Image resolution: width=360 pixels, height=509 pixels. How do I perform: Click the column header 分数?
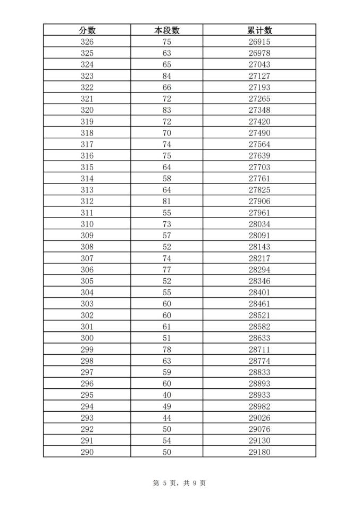(87, 30)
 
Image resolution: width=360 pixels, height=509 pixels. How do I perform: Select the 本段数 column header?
(166, 30)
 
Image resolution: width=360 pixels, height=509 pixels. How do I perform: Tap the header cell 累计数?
(259, 30)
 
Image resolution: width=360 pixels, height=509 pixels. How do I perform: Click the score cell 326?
(87, 41)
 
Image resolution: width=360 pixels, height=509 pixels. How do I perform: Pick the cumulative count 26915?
(259, 41)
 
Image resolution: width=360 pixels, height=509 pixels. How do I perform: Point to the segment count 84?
(166, 76)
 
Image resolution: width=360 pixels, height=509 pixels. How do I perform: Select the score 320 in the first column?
(87, 110)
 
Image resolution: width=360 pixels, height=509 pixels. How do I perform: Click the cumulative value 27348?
(259, 110)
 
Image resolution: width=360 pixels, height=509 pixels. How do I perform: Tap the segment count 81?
(166, 202)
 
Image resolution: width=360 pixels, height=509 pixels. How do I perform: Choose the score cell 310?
(87, 224)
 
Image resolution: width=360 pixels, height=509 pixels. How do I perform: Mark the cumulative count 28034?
(259, 224)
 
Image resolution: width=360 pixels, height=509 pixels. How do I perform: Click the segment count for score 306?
(166, 270)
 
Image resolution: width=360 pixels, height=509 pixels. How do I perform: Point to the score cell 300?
(87, 338)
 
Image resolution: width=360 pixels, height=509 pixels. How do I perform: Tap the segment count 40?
(166, 395)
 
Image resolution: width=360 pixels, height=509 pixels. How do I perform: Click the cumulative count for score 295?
(259, 395)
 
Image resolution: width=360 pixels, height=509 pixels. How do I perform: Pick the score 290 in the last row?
(87, 452)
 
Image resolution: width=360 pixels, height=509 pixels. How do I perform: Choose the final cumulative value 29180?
(259, 452)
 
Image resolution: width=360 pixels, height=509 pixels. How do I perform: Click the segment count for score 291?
(166, 441)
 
